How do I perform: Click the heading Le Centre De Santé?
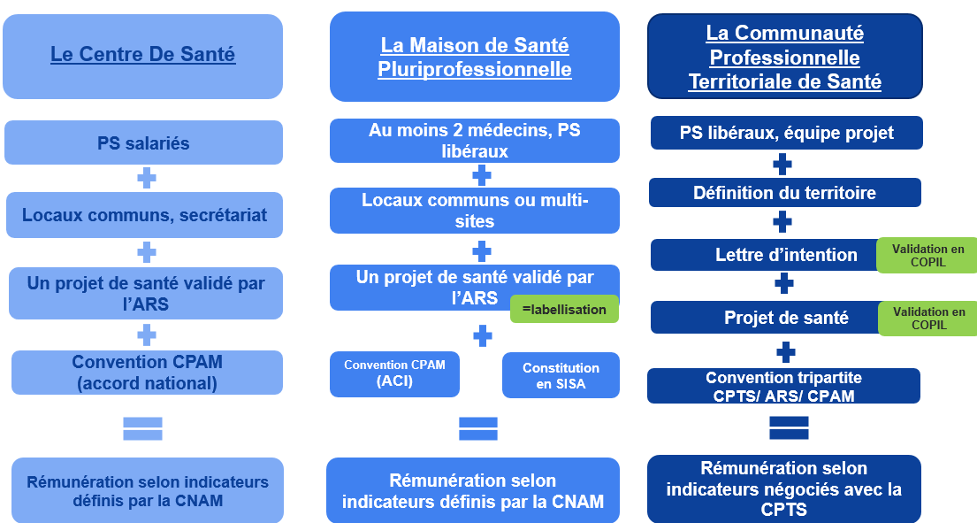142,55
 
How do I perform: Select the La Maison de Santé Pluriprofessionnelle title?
474,57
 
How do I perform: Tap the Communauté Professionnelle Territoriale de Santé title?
784,58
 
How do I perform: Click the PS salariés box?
143,142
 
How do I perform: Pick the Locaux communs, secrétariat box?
144,214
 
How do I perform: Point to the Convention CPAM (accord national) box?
147,372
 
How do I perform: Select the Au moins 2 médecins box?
474,141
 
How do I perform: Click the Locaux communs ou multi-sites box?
475,211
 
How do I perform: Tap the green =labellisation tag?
564,309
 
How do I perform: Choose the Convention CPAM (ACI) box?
394,373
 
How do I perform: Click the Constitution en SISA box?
561,375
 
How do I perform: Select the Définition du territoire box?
784,192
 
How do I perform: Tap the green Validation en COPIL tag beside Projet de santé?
927,318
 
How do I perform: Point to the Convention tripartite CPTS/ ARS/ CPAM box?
783,386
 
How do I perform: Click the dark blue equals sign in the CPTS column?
789,427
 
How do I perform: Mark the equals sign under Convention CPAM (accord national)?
142,428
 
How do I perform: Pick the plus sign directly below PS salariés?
147,179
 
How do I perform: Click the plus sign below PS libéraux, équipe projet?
782,165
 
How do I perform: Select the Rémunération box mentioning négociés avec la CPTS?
783,488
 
